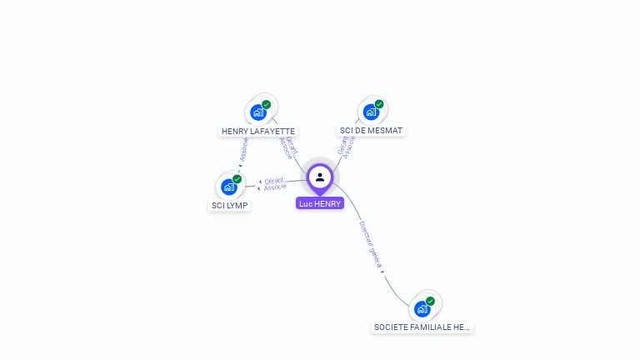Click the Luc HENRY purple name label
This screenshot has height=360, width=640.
[x=320, y=203]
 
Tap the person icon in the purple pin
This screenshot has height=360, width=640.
[x=320, y=177]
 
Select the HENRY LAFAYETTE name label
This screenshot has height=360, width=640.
[x=258, y=131]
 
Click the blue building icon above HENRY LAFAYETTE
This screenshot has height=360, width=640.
[x=258, y=112]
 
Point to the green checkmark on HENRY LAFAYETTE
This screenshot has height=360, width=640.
[x=267, y=105]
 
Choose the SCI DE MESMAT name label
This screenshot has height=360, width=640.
[x=372, y=131]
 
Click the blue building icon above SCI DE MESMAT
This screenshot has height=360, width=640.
[x=371, y=112]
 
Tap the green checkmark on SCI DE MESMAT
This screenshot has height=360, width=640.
[x=379, y=105]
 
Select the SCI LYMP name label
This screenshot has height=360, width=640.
[x=229, y=205]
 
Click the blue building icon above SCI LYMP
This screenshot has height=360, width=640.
[x=229, y=187]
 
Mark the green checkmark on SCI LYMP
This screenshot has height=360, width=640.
[x=237, y=179]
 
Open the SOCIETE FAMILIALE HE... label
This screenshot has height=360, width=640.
[x=422, y=327]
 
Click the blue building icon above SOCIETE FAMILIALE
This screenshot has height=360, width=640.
[x=422, y=309]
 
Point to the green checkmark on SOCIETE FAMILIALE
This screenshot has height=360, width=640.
[x=431, y=302]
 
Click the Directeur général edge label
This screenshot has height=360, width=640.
[x=371, y=243]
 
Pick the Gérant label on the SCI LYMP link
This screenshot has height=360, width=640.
[x=274, y=180]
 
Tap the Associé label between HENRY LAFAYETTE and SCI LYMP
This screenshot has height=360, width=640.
[x=243, y=149]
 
